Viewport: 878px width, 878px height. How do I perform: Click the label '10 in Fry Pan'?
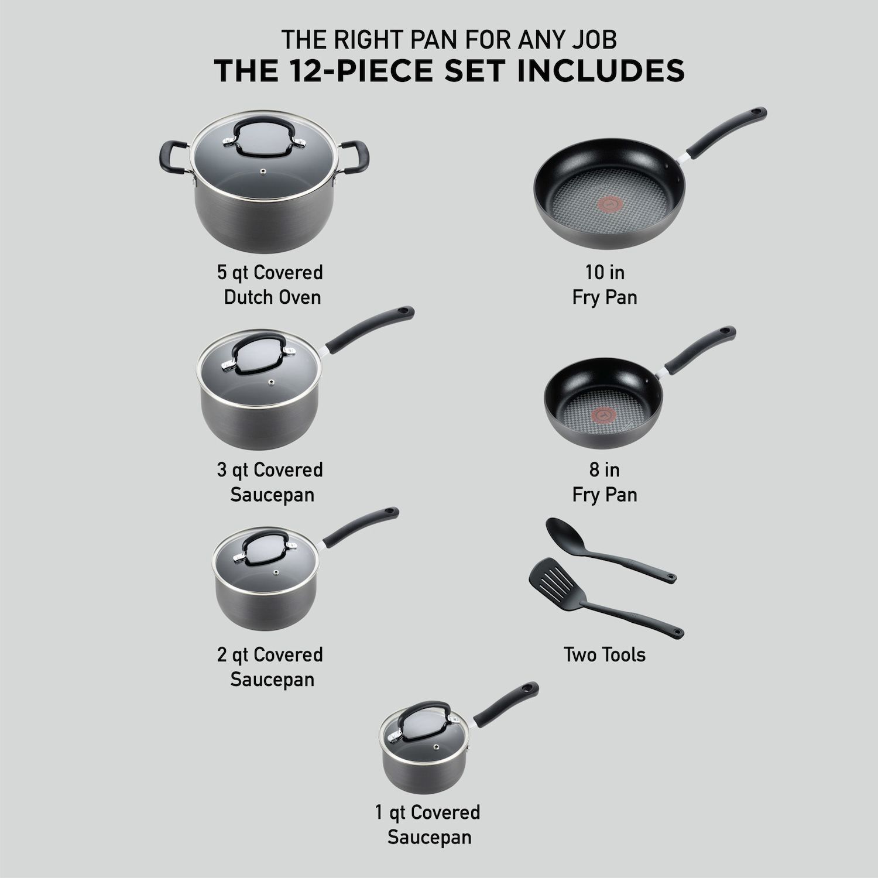(604, 284)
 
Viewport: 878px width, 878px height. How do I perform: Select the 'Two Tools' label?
(604, 654)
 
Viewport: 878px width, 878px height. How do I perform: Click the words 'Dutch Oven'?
(272, 297)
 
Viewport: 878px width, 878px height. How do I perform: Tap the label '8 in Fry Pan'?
(604, 482)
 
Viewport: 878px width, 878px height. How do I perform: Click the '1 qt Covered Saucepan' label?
(429, 824)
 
